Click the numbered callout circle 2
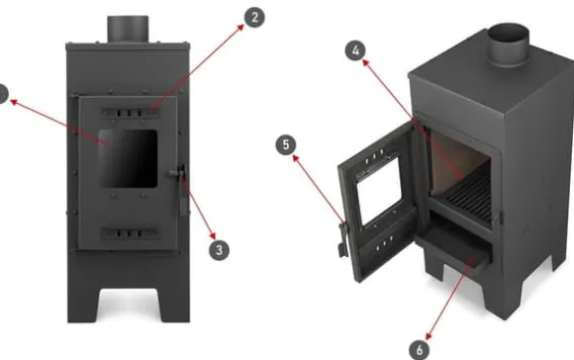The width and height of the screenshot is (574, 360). pyautogui.click(x=254, y=17)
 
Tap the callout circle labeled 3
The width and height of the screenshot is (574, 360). pyautogui.click(x=219, y=250)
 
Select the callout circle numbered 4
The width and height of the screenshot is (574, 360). pyautogui.click(x=355, y=50)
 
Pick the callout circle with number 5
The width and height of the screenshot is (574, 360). pyautogui.click(x=286, y=144)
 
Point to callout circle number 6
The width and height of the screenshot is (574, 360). pyautogui.click(x=420, y=350)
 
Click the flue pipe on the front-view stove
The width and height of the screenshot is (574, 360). pyautogui.click(x=128, y=30)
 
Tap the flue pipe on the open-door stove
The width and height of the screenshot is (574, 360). pyautogui.click(x=509, y=44)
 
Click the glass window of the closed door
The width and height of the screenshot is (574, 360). pyautogui.click(x=128, y=158)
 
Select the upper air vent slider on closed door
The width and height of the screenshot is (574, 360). pyautogui.click(x=131, y=113)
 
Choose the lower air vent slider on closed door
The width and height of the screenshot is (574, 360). pyautogui.click(x=131, y=233)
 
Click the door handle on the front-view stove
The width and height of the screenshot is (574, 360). pyautogui.click(x=180, y=189)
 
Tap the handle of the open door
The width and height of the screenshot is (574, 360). pyautogui.click(x=343, y=239)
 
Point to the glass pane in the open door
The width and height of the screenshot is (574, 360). pyautogui.click(x=379, y=189)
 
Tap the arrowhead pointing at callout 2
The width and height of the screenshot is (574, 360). pyautogui.click(x=239, y=28)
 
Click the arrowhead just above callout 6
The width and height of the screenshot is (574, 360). pyautogui.click(x=428, y=336)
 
